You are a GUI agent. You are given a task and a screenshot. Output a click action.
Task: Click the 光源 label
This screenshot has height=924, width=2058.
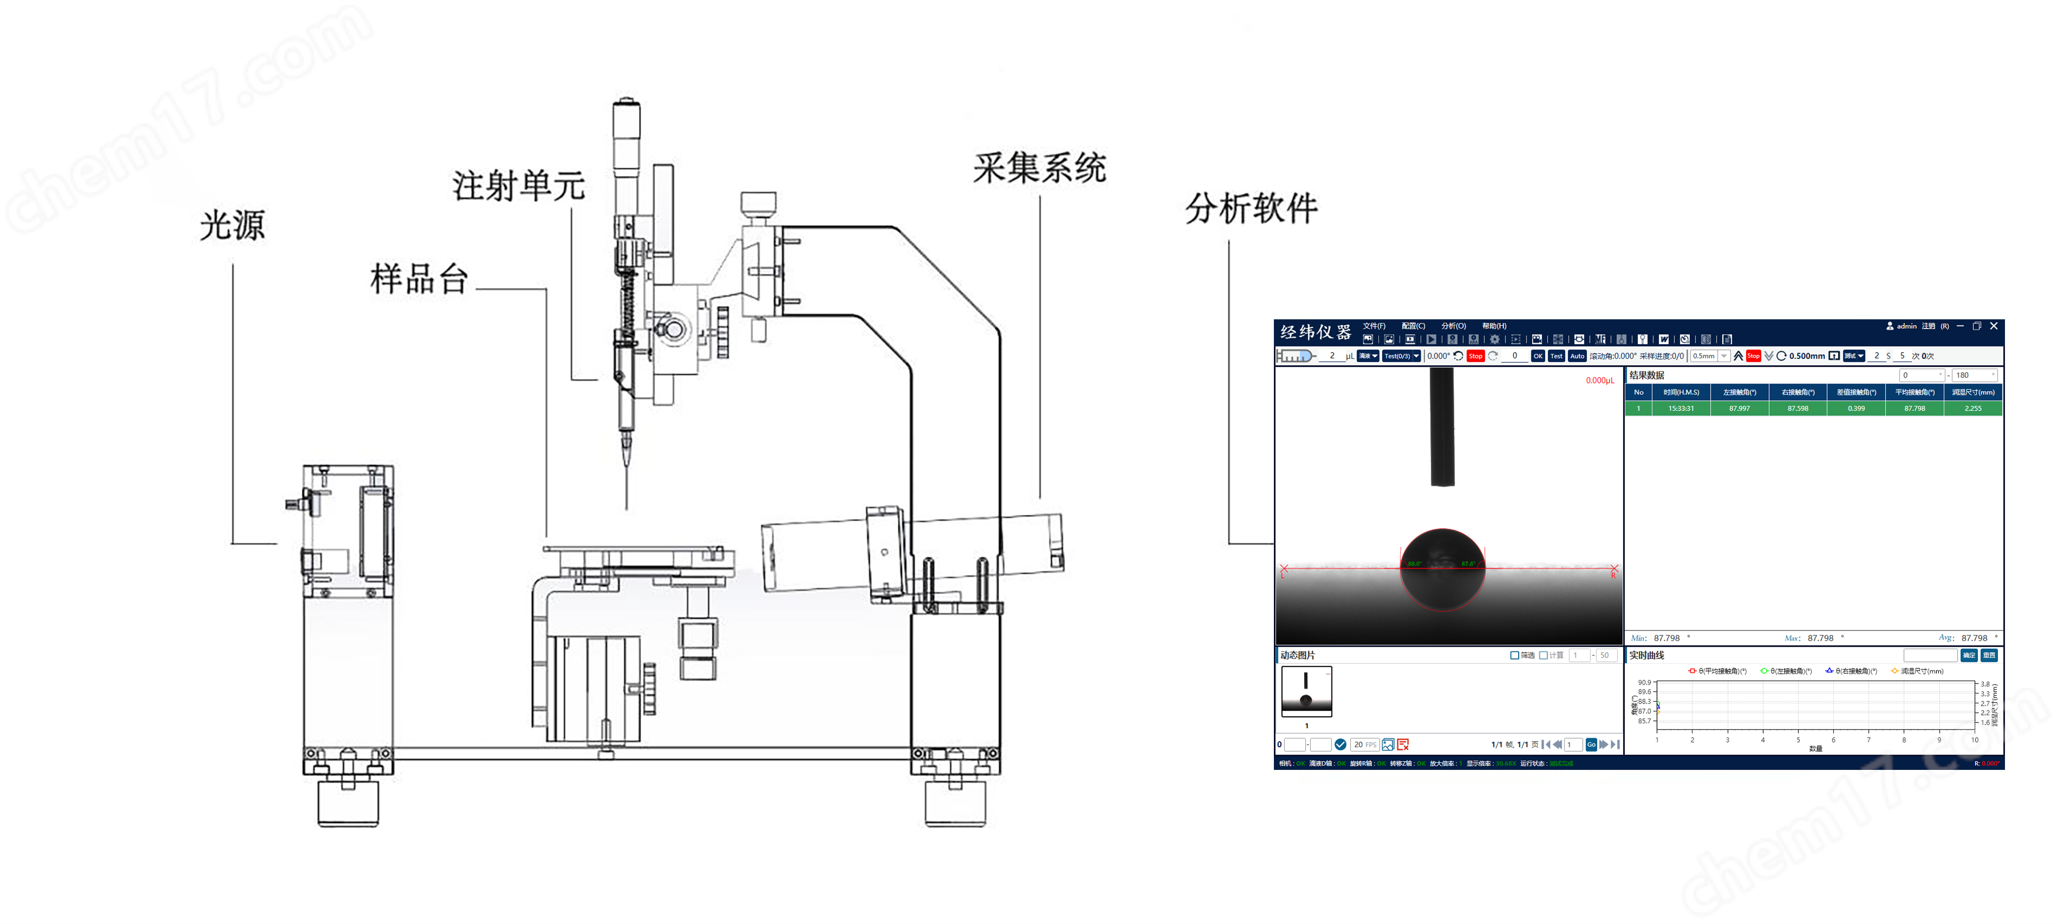pyautogui.click(x=232, y=225)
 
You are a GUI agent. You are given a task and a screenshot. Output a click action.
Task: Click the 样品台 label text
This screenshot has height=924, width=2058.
pyautogui.click(x=419, y=279)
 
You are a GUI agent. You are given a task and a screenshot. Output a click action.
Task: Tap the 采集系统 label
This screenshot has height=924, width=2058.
pyautogui.click(x=1039, y=168)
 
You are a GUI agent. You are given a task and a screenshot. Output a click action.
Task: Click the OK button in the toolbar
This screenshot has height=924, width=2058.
pyautogui.click(x=1537, y=356)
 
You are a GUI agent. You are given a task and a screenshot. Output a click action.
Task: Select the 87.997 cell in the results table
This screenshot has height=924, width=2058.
pyautogui.click(x=1739, y=408)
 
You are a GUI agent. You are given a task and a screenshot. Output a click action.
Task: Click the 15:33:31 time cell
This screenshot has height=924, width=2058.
pyautogui.click(x=1681, y=408)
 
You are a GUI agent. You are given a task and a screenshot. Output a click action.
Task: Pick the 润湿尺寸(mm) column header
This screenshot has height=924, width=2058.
pyautogui.click(x=1973, y=393)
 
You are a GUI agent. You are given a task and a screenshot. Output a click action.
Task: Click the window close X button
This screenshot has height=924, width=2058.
pyautogui.click(x=1993, y=326)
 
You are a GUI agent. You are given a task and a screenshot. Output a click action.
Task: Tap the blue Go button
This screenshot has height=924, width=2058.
pyautogui.click(x=1590, y=744)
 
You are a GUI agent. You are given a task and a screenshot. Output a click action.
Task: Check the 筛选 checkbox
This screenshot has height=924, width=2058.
pyautogui.click(x=1514, y=655)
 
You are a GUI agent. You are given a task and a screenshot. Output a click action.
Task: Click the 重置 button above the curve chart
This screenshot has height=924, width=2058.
pyautogui.click(x=1988, y=655)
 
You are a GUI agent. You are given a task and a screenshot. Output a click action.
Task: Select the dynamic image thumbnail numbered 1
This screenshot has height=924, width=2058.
pyautogui.click(x=1306, y=692)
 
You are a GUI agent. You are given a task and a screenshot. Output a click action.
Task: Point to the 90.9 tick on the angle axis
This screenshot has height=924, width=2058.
pyautogui.click(x=1644, y=683)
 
